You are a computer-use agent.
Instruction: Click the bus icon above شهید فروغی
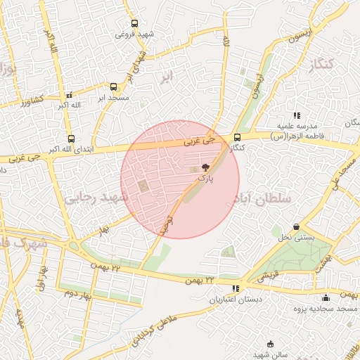point(135,23)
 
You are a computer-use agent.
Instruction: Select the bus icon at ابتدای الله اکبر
point(71,139)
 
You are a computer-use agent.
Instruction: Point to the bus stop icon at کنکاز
point(237,138)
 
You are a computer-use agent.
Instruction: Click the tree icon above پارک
point(205,167)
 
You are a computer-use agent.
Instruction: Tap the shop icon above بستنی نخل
point(296,227)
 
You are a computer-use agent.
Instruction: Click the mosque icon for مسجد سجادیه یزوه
point(326,297)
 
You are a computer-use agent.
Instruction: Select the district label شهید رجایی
point(98,198)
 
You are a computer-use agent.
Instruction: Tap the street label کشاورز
point(32,101)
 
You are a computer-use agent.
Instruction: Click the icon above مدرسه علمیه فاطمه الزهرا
point(297,115)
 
